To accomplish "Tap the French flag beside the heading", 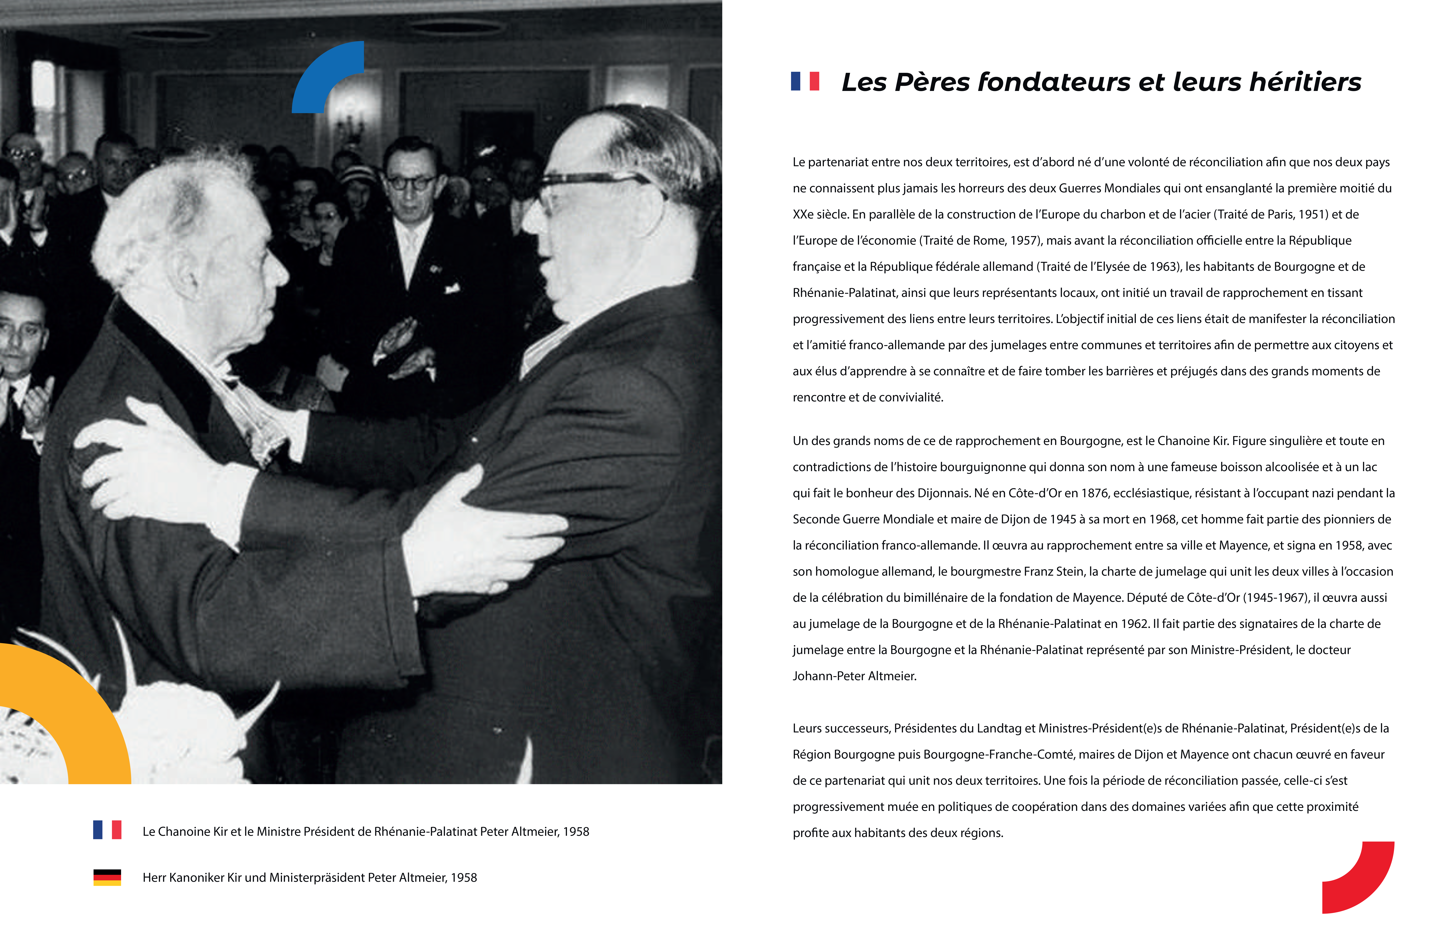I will (805, 81).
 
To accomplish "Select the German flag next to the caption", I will (107, 877).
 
